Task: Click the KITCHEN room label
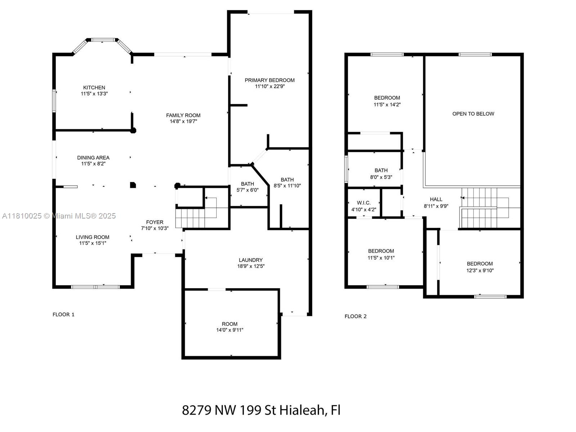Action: [94, 87]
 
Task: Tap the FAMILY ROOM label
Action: [183, 116]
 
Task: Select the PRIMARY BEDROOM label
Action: [270, 80]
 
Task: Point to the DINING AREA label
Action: [93, 158]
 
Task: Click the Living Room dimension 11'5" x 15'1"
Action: [93, 243]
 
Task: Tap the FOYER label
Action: [154, 222]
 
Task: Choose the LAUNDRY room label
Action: [251, 260]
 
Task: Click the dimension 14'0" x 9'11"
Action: [230, 330]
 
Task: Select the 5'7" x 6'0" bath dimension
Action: [247, 190]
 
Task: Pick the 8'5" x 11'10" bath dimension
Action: [287, 186]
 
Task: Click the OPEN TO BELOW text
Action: [473, 114]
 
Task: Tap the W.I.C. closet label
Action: [364, 203]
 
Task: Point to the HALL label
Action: [436, 199]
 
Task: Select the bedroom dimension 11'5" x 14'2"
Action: [387, 105]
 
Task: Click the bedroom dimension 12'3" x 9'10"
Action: [480, 270]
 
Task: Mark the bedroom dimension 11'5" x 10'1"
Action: [381, 258]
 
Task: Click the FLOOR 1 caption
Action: [63, 315]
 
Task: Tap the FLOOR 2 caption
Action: [355, 316]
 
